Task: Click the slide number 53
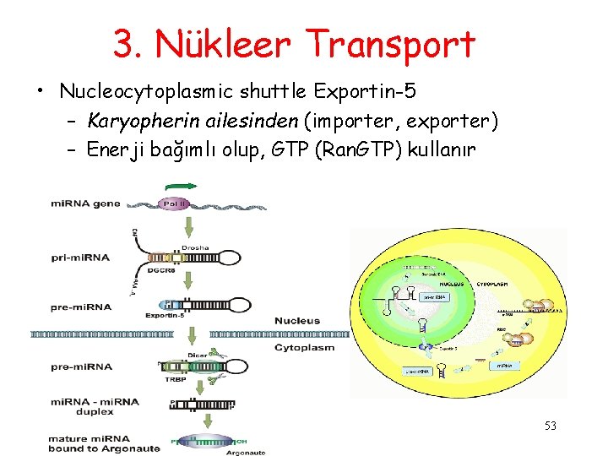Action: tap(550, 426)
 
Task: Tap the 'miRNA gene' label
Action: tap(85, 204)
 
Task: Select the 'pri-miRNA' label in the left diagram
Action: tap(80, 257)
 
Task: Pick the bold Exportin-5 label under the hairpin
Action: tap(166, 314)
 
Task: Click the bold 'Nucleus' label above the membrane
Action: tap(297, 321)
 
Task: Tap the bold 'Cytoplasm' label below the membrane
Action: tap(305, 347)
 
